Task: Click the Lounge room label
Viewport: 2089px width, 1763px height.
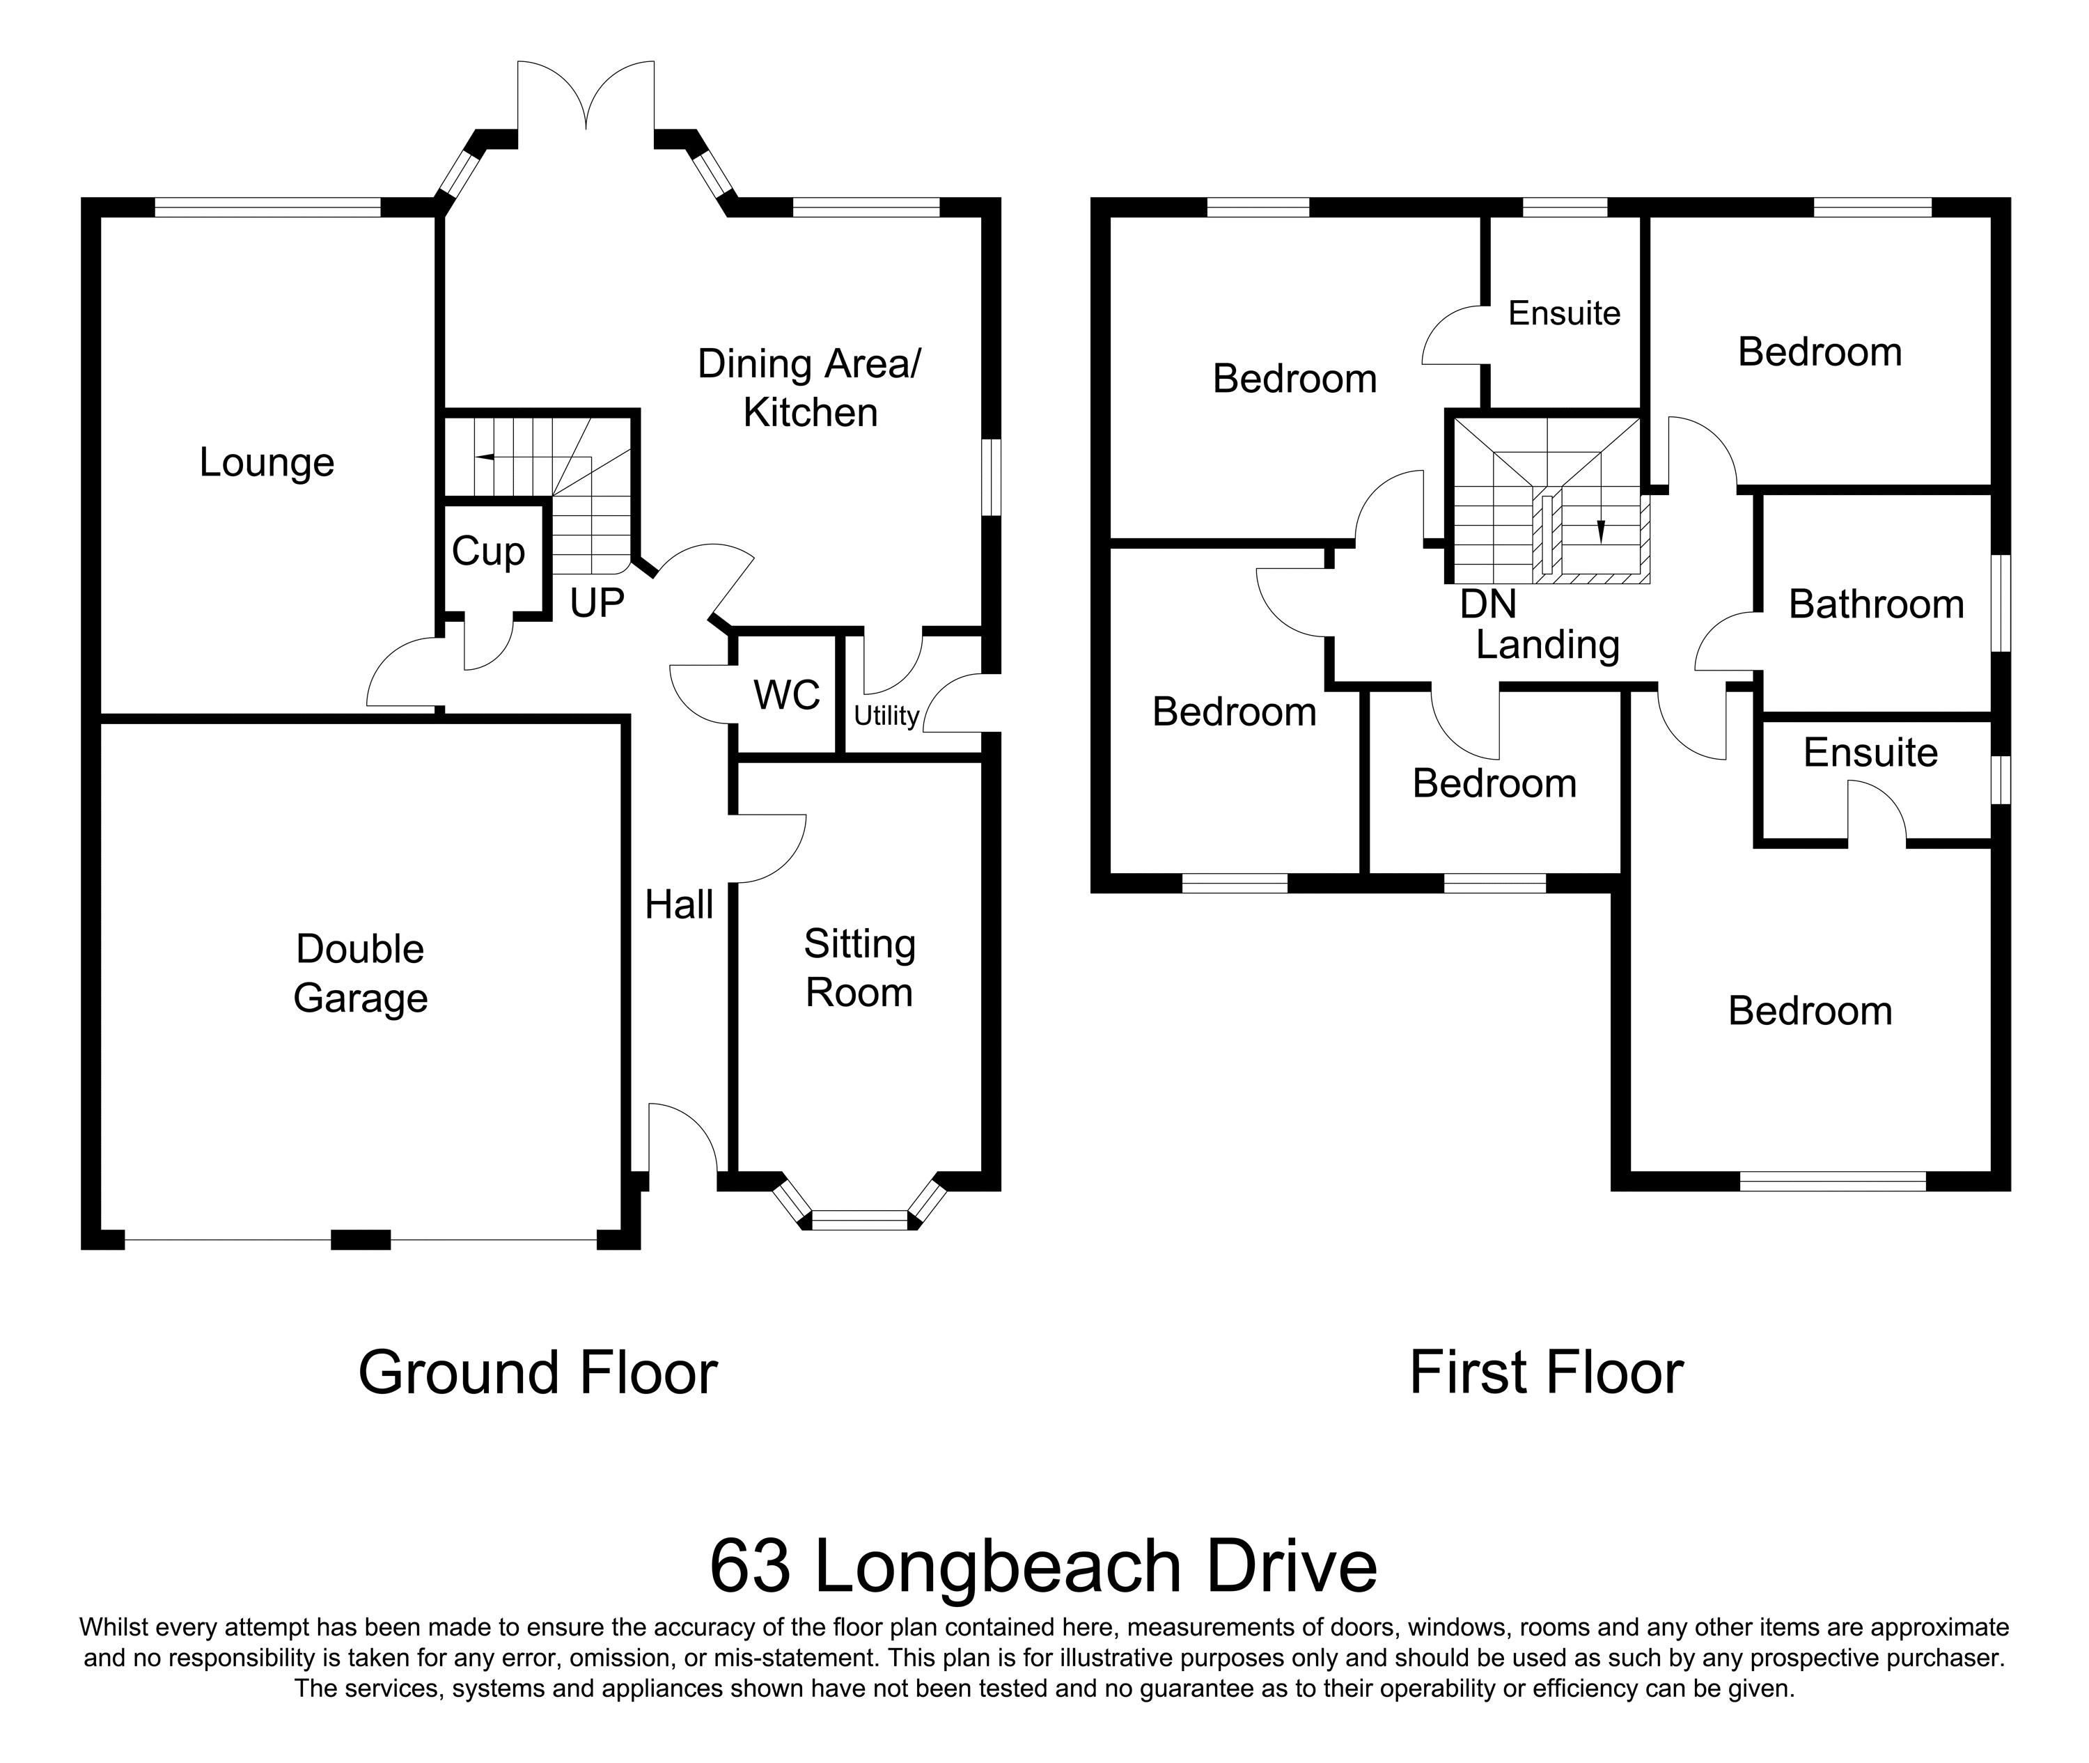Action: [x=267, y=463]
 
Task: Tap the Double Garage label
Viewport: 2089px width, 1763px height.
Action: [x=361, y=973]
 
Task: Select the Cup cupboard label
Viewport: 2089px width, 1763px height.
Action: [x=487, y=551]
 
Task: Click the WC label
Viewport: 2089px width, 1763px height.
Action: [x=787, y=695]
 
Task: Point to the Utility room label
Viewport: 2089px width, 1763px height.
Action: [x=886, y=716]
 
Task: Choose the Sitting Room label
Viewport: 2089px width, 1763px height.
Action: [x=859, y=969]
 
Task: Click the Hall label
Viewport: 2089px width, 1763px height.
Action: [x=679, y=904]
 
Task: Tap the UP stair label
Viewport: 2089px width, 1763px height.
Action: [x=597, y=603]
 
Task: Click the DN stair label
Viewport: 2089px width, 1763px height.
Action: [x=1487, y=604]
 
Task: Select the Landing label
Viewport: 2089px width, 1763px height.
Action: [x=1547, y=645]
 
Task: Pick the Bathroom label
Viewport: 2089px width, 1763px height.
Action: [x=1876, y=604]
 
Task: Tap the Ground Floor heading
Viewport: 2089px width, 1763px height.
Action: [x=538, y=1372]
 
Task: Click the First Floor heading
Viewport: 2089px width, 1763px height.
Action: [x=1547, y=1372]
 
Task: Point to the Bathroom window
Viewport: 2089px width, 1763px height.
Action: [x=2001, y=604]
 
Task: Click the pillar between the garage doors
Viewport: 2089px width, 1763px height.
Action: [x=360, y=1239]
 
